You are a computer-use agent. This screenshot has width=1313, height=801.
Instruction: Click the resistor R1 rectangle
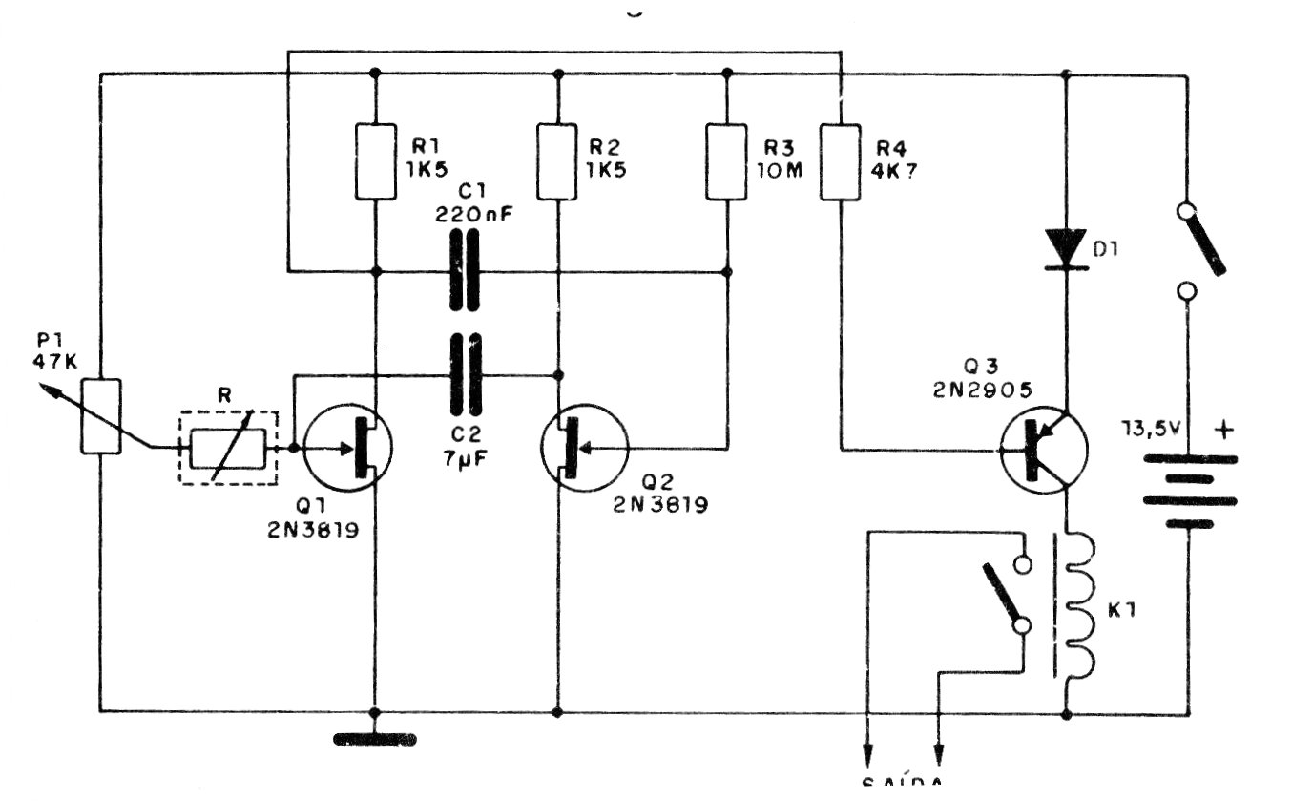[x=375, y=161]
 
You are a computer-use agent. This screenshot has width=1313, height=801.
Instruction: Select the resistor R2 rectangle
[x=557, y=161]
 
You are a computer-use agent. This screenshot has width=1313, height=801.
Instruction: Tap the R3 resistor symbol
[x=727, y=161]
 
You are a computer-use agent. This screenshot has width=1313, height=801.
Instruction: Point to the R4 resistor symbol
[x=841, y=161]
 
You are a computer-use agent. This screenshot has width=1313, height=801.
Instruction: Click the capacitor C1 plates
[x=464, y=273]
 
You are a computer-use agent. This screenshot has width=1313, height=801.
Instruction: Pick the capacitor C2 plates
[x=464, y=373]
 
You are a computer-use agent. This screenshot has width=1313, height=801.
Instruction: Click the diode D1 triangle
[x=1065, y=247]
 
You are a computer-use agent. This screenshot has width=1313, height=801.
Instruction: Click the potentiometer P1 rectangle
[x=101, y=416]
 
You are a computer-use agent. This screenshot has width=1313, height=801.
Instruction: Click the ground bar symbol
[x=375, y=738]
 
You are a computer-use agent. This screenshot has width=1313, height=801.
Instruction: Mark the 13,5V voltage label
[x=1154, y=430]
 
